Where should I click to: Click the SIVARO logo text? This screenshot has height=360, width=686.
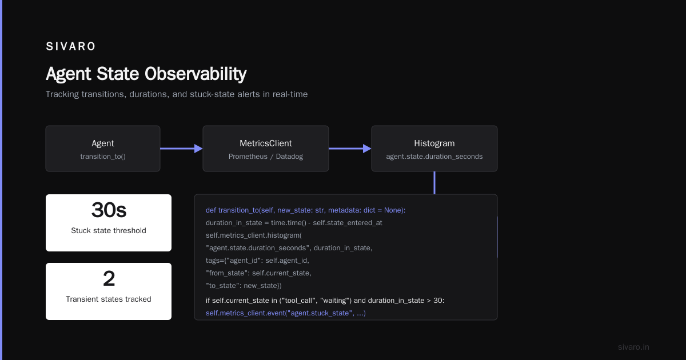[70, 46]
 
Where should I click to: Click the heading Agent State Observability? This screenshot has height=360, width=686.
[146, 74]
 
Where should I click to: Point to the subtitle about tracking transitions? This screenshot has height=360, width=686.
[177, 94]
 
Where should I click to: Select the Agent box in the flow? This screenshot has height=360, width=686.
[103, 149]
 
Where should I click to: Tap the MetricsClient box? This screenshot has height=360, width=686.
[266, 149]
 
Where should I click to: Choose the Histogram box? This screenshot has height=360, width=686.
[434, 149]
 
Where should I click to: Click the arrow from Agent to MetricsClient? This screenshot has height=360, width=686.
[181, 149]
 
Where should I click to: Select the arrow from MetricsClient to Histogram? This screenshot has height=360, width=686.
[350, 149]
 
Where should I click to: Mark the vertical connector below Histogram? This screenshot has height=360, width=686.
[434, 183]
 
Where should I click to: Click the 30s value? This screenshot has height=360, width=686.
[109, 210]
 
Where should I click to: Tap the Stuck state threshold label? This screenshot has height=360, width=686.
[109, 230]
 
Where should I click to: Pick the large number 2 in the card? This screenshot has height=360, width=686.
[109, 279]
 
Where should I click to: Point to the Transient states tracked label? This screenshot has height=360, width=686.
[109, 299]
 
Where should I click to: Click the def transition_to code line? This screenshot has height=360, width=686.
[306, 210]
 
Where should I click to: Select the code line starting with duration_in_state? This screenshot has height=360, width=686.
[294, 223]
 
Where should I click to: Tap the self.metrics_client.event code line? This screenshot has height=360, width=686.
[286, 313]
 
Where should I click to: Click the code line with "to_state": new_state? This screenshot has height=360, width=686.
[244, 286]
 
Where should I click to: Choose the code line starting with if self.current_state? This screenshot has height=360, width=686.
[325, 301]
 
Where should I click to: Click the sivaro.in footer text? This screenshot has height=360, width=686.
[633, 347]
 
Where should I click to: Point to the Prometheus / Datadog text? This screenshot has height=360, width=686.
[266, 157]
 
